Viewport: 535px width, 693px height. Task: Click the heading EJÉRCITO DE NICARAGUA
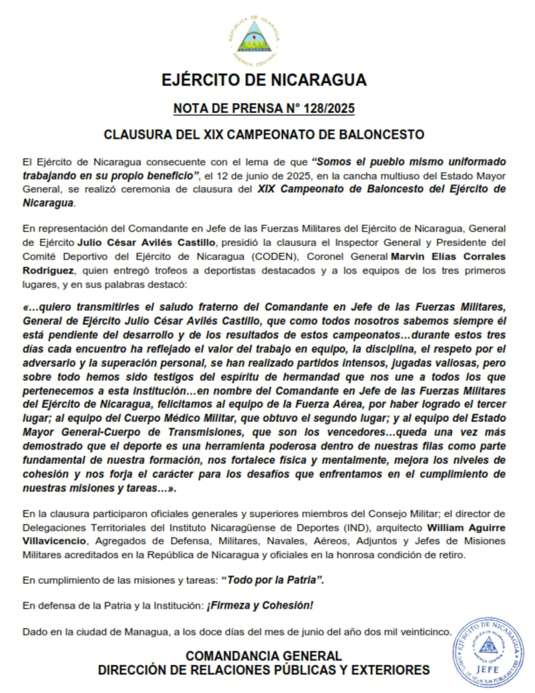coord(264,80)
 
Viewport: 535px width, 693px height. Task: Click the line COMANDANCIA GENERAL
coord(264,655)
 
